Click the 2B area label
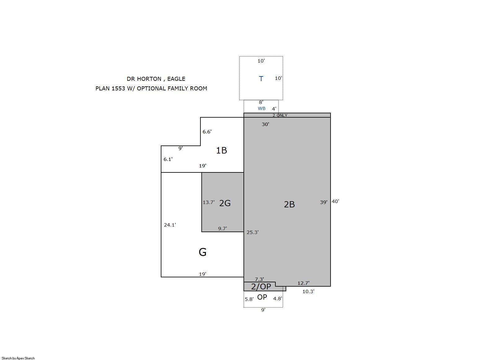point(289,205)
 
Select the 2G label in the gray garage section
point(225,203)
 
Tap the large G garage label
point(203,252)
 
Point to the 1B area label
point(221,150)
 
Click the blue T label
point(261,79)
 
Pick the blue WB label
point(261,108)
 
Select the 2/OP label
point(261,286)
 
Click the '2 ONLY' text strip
point(280,115)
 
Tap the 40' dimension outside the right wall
point(335,202)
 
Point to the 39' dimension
point(323,202)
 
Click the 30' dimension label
point(265,124)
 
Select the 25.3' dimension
point(252,232)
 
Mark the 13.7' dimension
point(208,202)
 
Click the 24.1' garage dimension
point(170,225)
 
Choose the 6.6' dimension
point(207,132)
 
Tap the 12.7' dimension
point(303,283)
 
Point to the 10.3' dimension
point(309,292)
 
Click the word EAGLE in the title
point(176,79)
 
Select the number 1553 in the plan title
point(118,89)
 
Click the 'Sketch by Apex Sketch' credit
point(18,358)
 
